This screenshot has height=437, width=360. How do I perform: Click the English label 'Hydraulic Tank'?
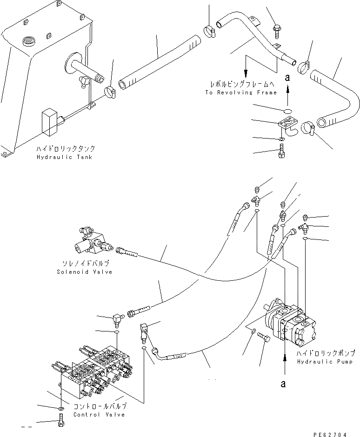(x=64, y=157)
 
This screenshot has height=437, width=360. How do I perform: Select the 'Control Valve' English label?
(x=99, y=414)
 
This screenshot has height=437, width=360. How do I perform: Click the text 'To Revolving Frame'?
(x=240, y=93)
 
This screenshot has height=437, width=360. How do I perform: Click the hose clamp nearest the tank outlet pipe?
(x=111, y=92)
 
